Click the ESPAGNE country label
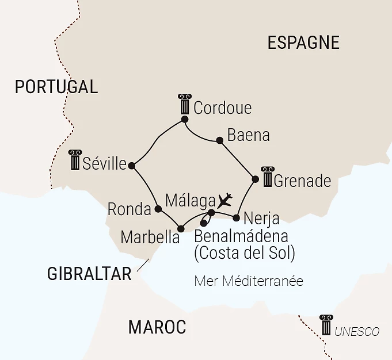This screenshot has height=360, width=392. click(x=303, y=43)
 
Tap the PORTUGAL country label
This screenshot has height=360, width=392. click(x=56, y=87)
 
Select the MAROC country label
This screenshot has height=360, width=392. click(x=157, y=327)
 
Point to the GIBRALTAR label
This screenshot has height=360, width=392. click(x=89, y=274)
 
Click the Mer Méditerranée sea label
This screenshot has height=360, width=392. click(x=249, y=281)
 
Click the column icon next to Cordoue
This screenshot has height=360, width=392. click(x=184, y=105)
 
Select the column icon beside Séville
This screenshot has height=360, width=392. click(x=74, y=160)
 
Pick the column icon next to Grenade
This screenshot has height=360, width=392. click(x=267, y=177)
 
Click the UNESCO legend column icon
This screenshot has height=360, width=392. click(x=326, y=325)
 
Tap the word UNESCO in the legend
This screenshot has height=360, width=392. click(x=357, y=331)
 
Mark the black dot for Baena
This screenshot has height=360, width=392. click(x=219, y=140)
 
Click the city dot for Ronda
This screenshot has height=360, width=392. click(x=158, y=209)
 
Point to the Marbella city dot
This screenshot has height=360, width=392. click(x=181, y=228)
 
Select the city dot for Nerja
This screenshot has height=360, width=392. click(x=236, y=217)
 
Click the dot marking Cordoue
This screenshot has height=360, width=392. click(x=185, y=120)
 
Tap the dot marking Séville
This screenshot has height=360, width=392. click(x=132, y=166)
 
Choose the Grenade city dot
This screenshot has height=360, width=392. click(x=255, y=179)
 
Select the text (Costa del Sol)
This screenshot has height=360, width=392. click(x=245, y=252)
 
